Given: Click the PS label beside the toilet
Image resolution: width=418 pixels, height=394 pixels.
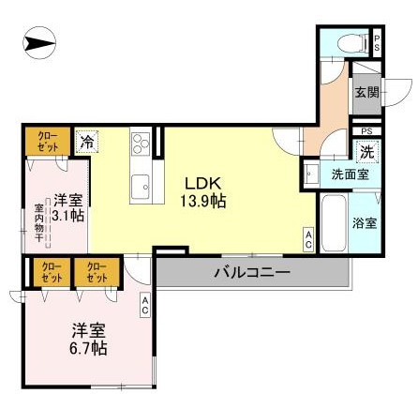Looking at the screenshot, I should (x=377, y=41).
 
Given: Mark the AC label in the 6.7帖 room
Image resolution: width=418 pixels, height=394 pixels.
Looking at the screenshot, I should (x=146, y=303).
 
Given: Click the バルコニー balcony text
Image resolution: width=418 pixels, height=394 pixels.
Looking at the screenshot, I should (x=249, y=272).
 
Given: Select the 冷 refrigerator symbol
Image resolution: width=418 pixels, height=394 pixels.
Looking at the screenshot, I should (x=86, y=143).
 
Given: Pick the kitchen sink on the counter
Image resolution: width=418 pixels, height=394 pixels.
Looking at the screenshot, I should (x=142, y=183).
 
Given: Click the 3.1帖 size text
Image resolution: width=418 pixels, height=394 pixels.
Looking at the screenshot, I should (x=67, y=216).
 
